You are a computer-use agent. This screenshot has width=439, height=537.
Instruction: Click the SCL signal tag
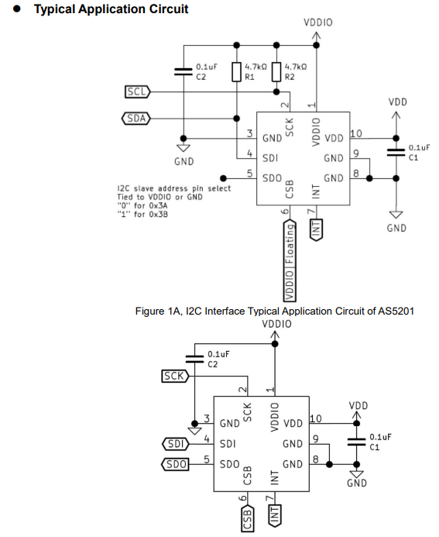click(137, 91)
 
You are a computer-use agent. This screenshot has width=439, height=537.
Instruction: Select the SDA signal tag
click(136, 119)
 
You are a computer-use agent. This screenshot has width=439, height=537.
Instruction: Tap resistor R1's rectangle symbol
click(236, 72)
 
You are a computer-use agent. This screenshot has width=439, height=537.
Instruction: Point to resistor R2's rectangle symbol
click(276, 72)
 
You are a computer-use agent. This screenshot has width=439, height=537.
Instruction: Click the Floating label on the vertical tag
click(290, 244)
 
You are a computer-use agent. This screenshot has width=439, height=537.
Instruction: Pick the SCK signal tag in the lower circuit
click(175, 376)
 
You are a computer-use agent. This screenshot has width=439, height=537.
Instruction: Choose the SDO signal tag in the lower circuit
click(175, 464)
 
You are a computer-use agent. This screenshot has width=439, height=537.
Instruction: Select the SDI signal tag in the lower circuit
click(175, 444)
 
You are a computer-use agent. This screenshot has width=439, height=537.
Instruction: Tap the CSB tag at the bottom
click(248, 518)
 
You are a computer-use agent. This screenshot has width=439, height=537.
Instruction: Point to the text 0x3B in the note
click(159, 215)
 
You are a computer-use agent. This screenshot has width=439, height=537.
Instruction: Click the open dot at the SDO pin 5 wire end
click(224, 178)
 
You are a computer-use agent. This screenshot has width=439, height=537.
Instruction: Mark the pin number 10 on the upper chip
click(356, 133)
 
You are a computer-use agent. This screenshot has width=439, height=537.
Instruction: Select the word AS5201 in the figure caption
click(396, 311)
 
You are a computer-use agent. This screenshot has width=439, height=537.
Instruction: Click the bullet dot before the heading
click(16, 9)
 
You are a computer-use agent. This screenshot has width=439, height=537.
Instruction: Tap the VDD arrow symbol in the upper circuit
click(396, 116)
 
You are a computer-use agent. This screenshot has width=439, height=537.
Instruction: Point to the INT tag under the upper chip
click(316, 229)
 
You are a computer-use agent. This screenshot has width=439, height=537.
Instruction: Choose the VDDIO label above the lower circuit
click(277, 324)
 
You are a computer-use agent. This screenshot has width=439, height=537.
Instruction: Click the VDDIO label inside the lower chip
click(275, 417)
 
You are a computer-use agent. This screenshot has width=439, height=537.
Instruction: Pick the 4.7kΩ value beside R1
click(256, 67)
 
